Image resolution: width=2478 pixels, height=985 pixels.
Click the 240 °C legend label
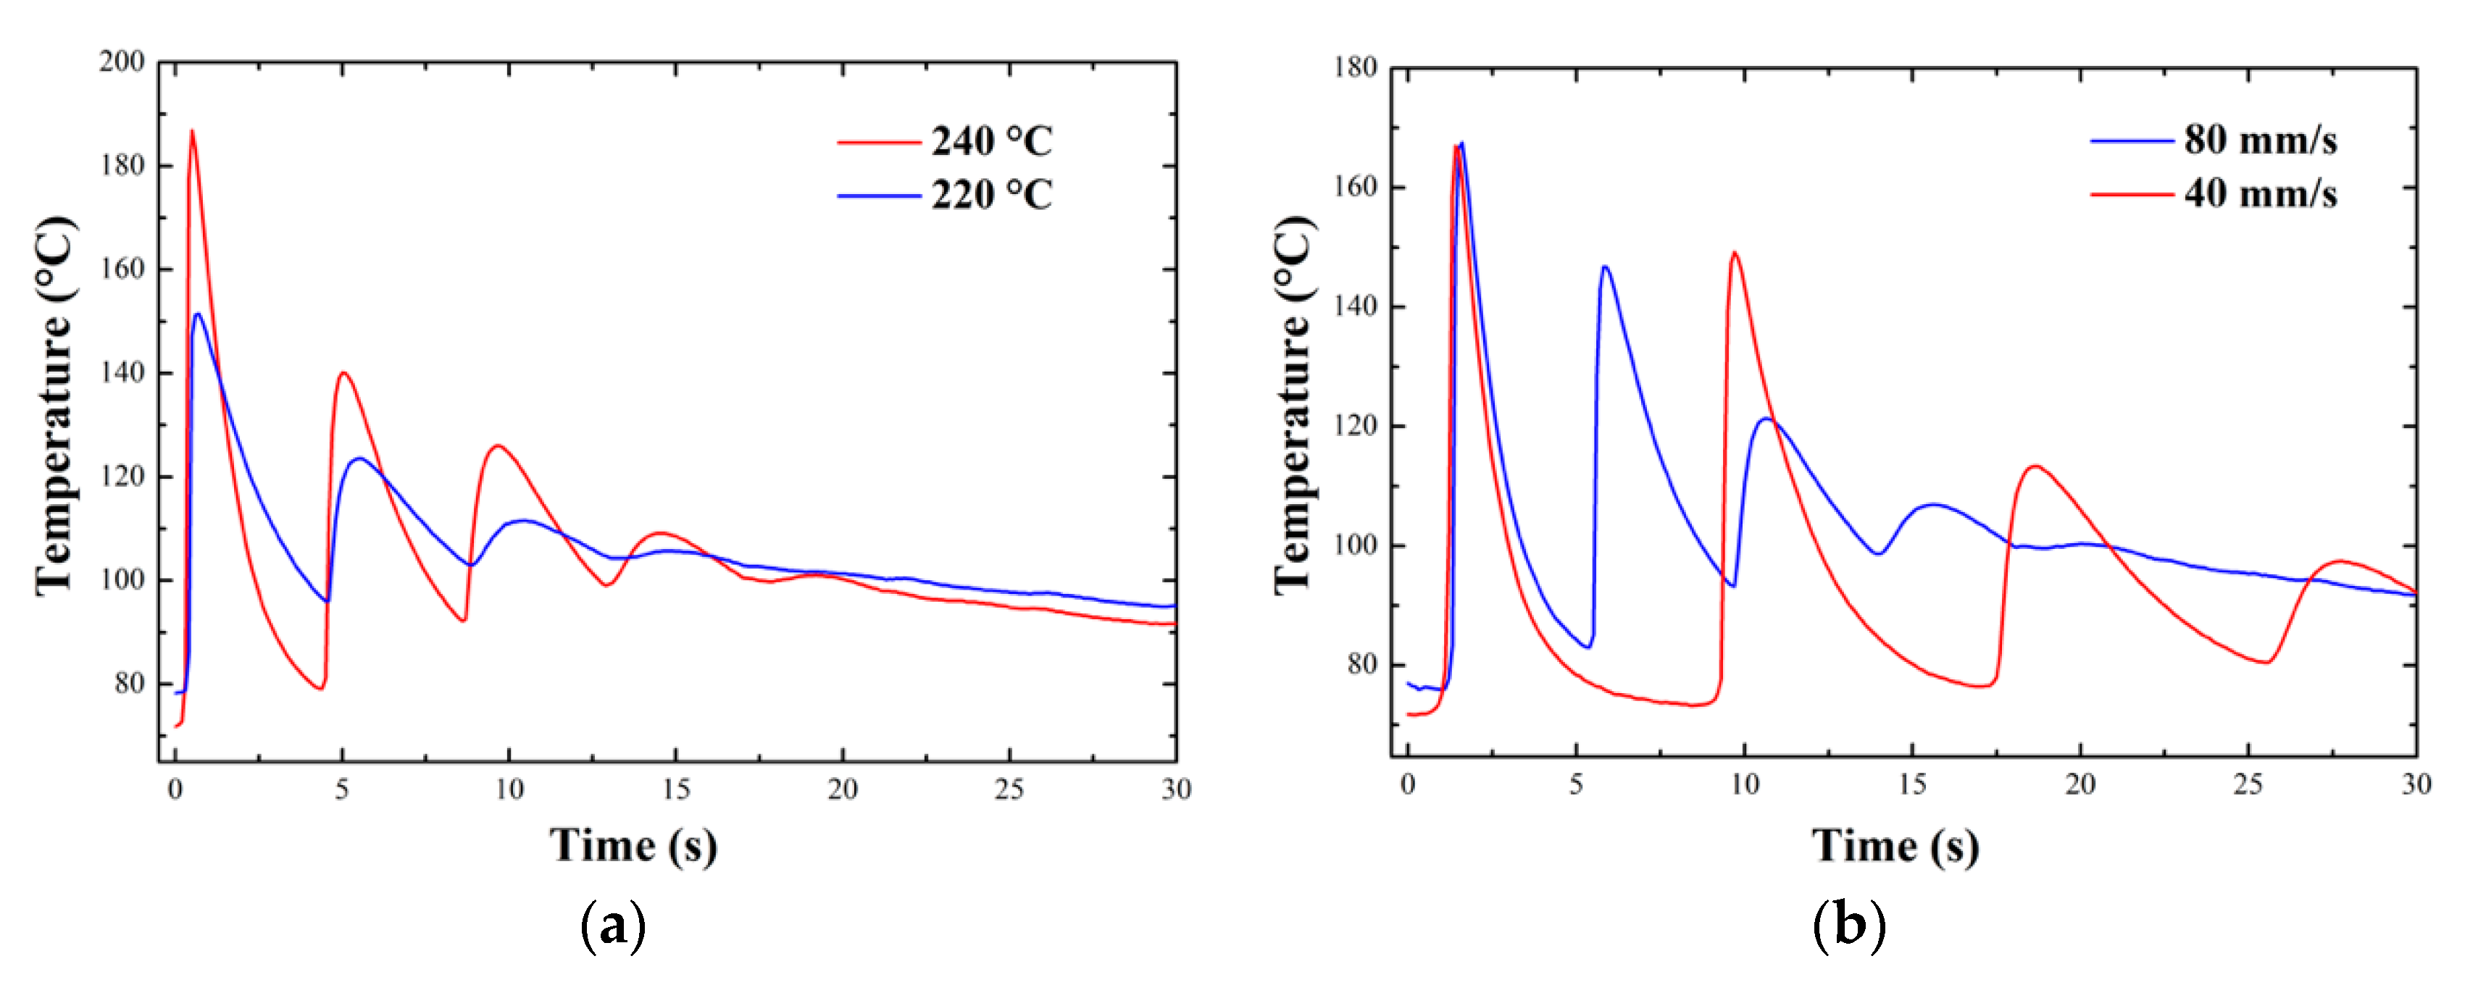pos(990,141)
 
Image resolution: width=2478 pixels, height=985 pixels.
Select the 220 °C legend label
pos(990,196)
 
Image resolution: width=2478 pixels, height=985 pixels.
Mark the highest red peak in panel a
pos(191,132)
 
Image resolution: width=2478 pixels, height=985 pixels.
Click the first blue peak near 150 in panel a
pos(198,314)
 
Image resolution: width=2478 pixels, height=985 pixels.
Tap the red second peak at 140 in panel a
pos(343,373)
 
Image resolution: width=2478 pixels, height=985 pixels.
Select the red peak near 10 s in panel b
pos(1735,253)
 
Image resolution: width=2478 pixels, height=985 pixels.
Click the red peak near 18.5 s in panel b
pos(2035,466)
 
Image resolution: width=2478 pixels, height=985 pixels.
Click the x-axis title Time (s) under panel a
pos(633,845)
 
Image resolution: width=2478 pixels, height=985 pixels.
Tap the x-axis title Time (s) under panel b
pos(1895,845)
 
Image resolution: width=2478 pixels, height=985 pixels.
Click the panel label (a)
pos(614,926)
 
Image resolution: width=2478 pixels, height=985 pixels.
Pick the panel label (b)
pos(1848,926)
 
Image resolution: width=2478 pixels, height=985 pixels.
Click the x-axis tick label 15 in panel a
pos(675,789)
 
